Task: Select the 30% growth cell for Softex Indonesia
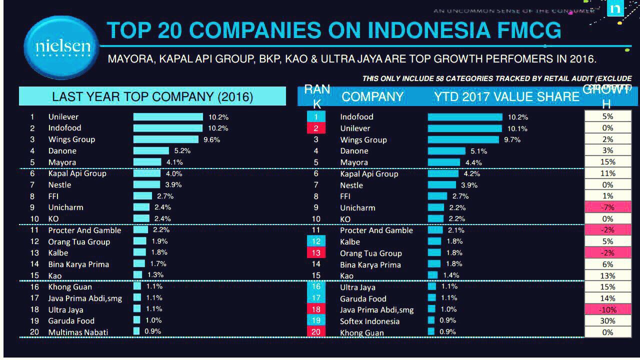[607, 321]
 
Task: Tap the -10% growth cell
[607, 309]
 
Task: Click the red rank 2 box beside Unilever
[316, 128]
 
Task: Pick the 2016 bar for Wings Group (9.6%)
[166, 139]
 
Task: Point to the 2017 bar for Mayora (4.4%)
[443, 162]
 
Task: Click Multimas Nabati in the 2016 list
[78, 332]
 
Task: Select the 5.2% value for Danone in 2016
[182, 150]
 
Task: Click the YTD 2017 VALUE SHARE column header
[506, 96]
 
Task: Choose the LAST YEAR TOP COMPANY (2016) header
[152, 96]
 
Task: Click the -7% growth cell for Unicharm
[607, 207]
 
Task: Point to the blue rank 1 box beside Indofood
[316, 117]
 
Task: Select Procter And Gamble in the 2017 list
[376, 230]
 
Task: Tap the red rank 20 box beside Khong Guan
[316, 332]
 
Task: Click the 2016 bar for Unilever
[168, 117]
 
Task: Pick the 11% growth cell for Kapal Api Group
[607, 173]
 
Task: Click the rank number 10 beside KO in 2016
[34, 219]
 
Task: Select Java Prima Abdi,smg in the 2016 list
[85, 298]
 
